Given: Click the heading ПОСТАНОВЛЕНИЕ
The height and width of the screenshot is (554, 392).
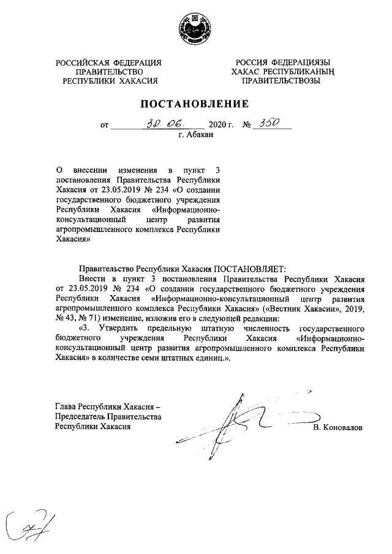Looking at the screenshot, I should click(x=196, y=104).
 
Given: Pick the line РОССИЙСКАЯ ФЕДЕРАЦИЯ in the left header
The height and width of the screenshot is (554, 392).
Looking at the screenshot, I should click(x=109, y=63).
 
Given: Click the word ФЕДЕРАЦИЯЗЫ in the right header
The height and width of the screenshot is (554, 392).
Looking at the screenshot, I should click(x=302, y=63).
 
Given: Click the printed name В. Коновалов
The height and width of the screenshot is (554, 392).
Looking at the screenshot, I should click(x=337, y=427).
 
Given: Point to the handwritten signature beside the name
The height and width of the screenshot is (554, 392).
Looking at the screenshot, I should click(x=245, y=422).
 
